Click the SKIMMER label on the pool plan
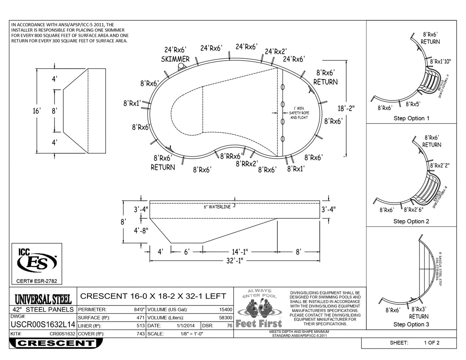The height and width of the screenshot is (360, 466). [175, 59]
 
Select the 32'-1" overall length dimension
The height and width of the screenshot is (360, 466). [234, 260]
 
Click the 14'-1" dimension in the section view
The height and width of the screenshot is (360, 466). [240, 252]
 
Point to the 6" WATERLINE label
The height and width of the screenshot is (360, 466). [217, 207]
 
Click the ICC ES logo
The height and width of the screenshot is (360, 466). [37, 262]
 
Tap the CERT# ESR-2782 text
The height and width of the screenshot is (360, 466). [37, 281]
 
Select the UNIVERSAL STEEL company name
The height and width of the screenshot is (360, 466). [43, 299]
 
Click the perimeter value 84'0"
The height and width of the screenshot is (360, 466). [139, 309]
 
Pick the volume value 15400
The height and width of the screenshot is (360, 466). [225, 309]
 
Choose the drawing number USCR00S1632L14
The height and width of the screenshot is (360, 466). [43, 325]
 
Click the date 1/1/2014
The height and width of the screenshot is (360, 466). [186, 325]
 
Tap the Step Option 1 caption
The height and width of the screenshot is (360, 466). [411, 118]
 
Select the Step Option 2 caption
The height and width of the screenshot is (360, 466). [411, 221]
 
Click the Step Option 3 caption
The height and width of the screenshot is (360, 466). [411, 324]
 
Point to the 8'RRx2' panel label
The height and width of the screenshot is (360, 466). [246, 164]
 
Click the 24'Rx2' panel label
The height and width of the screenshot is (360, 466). [276, 51]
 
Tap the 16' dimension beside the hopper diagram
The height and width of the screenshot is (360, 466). [36, 111]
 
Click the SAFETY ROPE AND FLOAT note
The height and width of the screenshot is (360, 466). [299, 115]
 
